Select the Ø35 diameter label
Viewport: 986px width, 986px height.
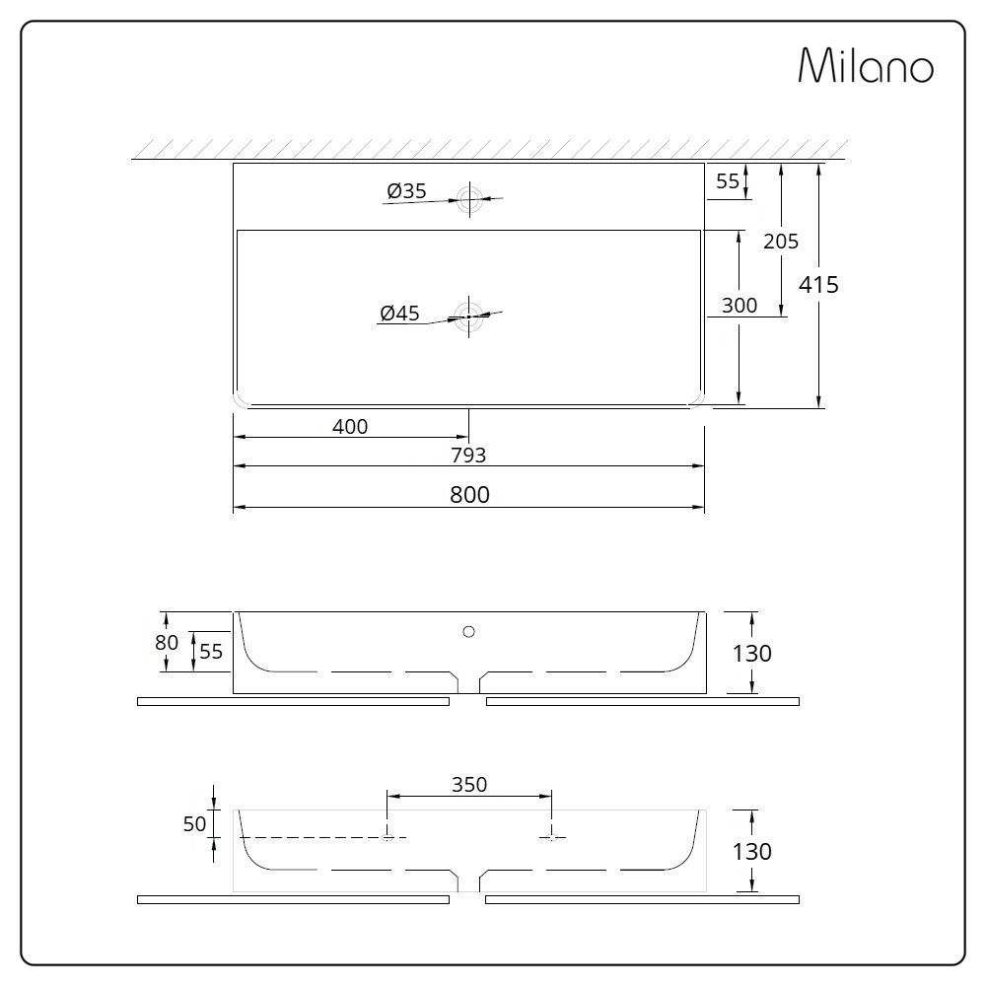[406, 191]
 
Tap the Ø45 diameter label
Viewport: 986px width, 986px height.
[399, 314]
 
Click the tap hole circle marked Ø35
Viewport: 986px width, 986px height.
[469, 198]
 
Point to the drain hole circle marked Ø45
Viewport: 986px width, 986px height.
[469, 317]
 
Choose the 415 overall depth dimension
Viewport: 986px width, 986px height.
[818, 285]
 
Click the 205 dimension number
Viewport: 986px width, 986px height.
[781, 241]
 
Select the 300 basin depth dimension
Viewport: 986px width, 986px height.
[739, 306]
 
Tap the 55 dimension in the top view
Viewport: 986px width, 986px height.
[728, 180]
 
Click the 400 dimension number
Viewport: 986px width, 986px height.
[350, 427]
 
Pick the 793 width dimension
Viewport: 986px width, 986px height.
[469, 455]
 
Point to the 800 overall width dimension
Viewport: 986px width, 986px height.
[469, 495]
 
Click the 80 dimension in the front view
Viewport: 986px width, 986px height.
[168, 642]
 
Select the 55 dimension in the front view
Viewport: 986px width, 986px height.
[211, 651]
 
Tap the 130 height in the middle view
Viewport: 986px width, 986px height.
[752, 653]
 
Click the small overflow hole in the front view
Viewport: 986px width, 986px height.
[469, 630]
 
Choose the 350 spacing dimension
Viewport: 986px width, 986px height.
[469, 785]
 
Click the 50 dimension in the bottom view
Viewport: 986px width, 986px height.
[194, 823]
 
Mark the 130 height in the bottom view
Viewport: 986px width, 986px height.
[752, 851]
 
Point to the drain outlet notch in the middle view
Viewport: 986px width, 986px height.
[469, 683]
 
